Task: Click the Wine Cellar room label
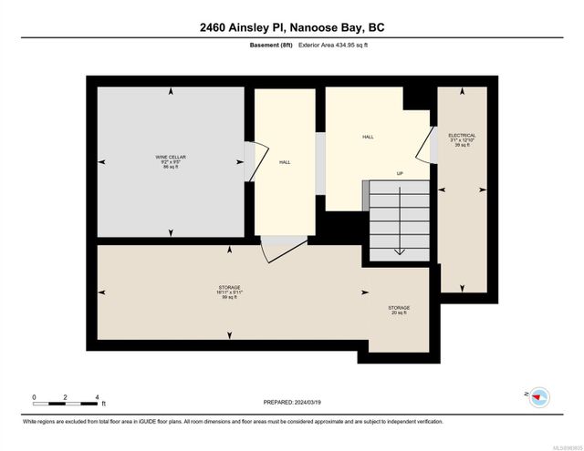coord(171,161)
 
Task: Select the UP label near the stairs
coord(400,173)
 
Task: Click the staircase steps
coord(399,219)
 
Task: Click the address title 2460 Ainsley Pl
coord(291,27)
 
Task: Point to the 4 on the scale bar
coord(97,397)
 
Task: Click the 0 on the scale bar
coord(34,397)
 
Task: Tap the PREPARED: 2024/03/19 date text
coord(291,402)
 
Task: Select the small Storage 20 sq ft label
coord(399,311)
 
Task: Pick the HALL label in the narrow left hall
coord(285,162)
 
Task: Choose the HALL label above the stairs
coord(368,137)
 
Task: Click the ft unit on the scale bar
coord(104,404)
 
